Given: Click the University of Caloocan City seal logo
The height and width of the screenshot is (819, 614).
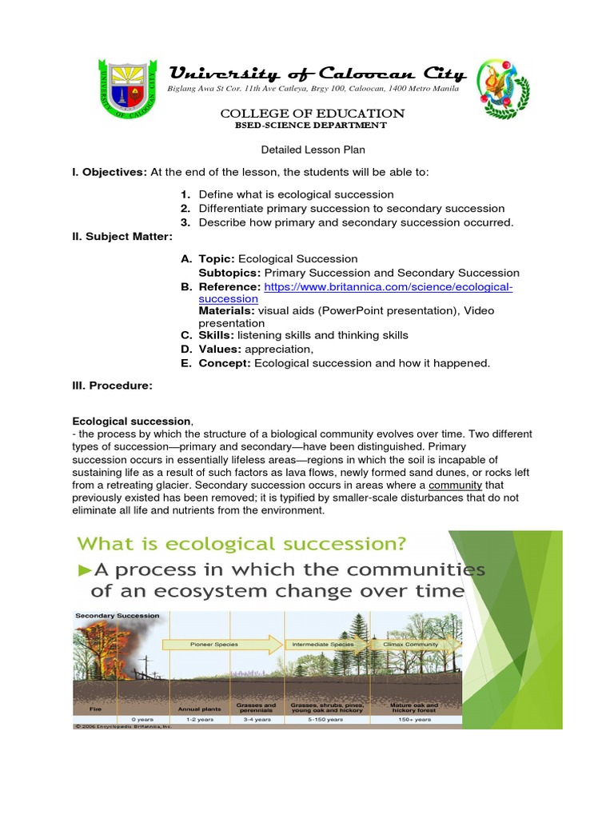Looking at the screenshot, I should click(128, 88).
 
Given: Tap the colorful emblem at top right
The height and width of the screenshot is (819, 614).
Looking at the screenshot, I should click(503, 88).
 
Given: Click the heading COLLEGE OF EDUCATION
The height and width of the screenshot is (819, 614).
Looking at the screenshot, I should click(312, 114).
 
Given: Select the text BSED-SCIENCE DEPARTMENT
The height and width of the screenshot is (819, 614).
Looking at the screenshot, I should click(310, 126).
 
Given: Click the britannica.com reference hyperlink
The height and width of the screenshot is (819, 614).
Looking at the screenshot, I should click(388, 286).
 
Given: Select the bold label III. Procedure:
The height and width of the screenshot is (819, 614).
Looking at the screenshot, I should click(112, 386).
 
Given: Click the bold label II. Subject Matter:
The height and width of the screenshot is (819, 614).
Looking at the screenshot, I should click(122, 236).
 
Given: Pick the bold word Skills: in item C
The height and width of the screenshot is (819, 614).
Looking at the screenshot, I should click(216, 335).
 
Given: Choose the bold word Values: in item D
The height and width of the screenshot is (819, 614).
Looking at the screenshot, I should click(221, 349).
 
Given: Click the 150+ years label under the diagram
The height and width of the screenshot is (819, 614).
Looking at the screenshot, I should click(413, 720).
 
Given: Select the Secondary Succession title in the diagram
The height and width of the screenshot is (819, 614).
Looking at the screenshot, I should click(117, 616).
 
